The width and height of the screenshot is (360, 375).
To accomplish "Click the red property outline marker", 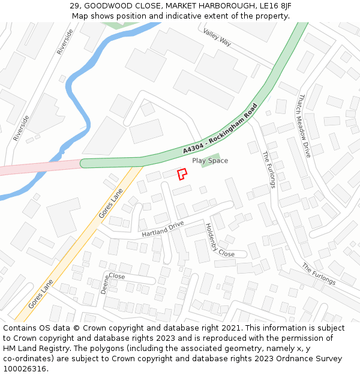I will (182, 174).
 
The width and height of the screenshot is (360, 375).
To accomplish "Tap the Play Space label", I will (210, 161).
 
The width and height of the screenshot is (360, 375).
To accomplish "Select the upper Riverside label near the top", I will (64, 42).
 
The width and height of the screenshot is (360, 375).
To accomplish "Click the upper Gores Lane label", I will (110, 204).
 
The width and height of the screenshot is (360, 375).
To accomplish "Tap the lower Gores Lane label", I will (41, 293).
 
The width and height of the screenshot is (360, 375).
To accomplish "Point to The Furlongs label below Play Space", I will (268, 169).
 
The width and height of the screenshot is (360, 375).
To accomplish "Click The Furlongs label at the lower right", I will (319, 274).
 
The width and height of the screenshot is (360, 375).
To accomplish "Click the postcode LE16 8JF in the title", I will (274, 5).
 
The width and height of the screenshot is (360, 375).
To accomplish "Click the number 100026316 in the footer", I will (25, 369).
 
